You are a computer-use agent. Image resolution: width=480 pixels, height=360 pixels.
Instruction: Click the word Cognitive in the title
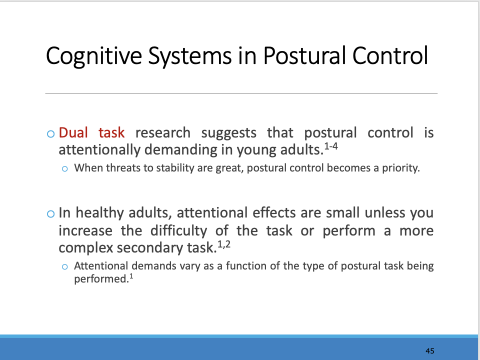pos(93,56)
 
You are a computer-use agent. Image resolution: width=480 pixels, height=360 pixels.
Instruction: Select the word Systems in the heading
pos(190,56)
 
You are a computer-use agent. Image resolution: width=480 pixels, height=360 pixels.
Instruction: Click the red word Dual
pos(73,133)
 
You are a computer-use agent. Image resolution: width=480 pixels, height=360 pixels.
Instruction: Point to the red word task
pos(111,133)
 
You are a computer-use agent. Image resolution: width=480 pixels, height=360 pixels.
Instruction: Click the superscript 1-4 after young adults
pos(331,146)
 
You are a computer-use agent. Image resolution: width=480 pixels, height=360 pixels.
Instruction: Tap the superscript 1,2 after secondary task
pos(224,244)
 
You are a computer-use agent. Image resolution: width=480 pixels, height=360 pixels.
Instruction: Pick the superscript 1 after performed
pos(131,276)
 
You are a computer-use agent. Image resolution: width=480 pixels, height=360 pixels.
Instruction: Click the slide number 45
pos(430,351)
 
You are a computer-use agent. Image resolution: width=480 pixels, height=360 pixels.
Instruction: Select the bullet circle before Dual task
pos(51,134)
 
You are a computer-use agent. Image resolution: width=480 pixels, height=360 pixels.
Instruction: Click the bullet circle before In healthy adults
pos(51,213)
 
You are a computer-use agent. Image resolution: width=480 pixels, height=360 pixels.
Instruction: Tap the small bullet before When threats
pos(64,168)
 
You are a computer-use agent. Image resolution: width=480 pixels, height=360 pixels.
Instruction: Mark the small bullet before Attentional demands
pos(64,266)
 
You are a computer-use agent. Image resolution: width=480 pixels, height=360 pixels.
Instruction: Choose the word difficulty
pos(179,231)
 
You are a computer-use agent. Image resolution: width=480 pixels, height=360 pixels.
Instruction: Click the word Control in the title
pos(390,55)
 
